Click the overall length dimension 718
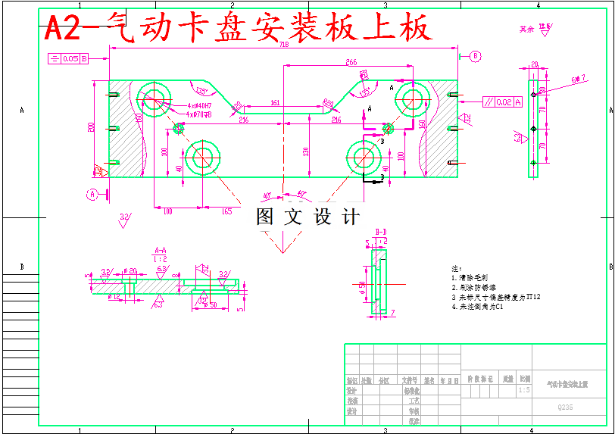coord(283,45)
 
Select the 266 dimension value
coord(351,61)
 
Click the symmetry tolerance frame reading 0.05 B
coord(69,58)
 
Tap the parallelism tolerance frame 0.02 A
coord(502,101)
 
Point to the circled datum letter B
coord(475,56)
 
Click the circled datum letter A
coord(92,193)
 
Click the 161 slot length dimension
coord(275,102)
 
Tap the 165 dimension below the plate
coord(226,211)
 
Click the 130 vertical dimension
coord(305,151)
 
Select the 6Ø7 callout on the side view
coord(579,78)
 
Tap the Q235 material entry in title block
coord(565,407)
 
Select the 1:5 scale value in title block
coord(524,390)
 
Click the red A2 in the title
coord(61,29)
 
